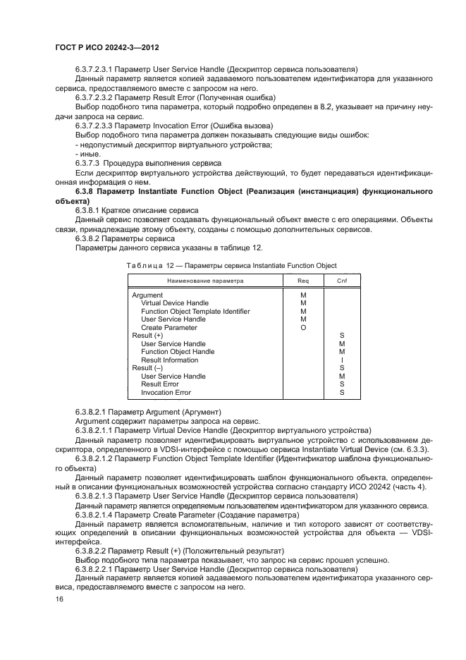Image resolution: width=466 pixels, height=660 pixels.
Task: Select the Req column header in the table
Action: click(303, 281)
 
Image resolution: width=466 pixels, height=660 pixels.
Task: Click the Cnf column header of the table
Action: click(341, 281)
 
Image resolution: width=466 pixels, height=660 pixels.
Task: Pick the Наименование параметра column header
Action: click(205, 281)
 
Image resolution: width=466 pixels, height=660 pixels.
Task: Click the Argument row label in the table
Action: click(148, 295)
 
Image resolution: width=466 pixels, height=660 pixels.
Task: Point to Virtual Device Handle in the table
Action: click(174, 303)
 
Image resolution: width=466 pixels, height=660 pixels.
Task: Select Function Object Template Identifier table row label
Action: click(195, 312)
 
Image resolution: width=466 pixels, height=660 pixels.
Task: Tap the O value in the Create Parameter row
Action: click(303, 328)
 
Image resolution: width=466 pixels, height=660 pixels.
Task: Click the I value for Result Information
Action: click(341, 360)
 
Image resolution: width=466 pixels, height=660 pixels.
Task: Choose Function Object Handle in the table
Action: click(178, 352)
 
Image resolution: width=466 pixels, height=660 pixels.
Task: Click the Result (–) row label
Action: click(147, 368)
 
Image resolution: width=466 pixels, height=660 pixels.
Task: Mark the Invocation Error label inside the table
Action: click(166, 393)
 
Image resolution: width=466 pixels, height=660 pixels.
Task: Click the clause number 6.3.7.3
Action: click(87, 162)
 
